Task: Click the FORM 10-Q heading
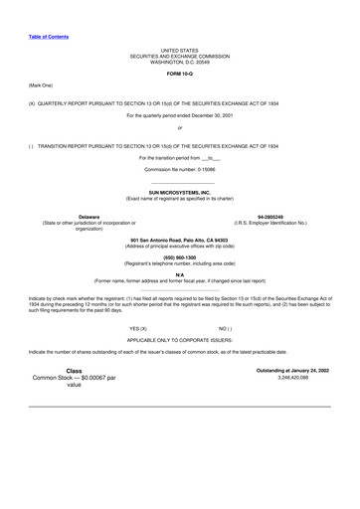(180, 73)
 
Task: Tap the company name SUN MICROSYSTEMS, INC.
(180, 192)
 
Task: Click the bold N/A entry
(180, 273)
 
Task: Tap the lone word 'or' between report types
(180, 128)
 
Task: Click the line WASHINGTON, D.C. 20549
(180, 61)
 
